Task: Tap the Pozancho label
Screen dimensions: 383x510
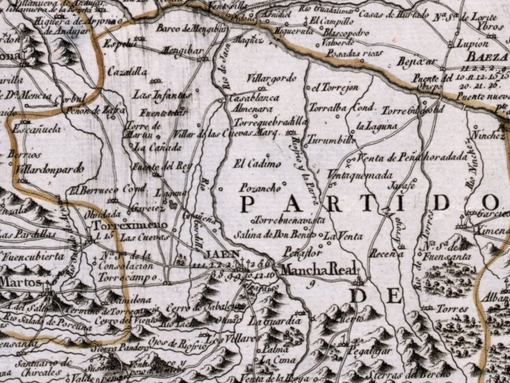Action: click(x=259, y=188)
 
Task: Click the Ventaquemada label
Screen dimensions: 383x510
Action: click(x=360, y=174)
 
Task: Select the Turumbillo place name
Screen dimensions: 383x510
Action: click(x=331, y=139)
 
